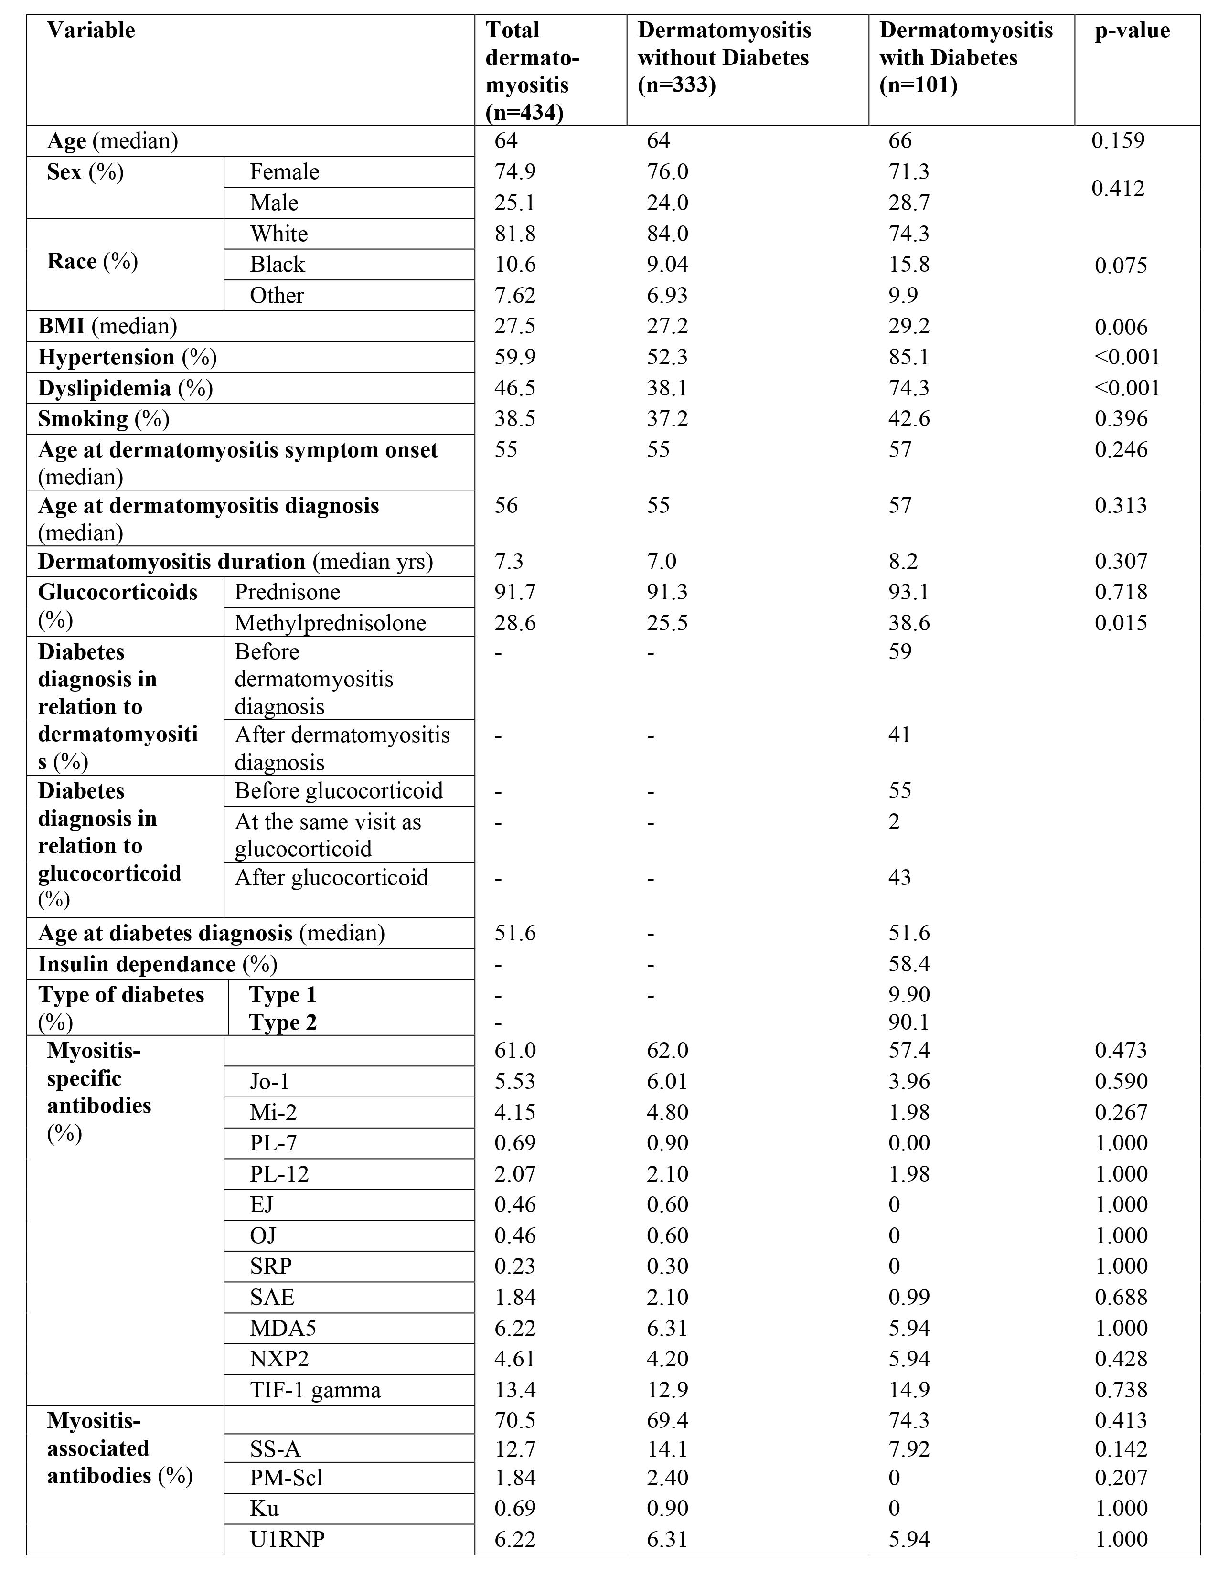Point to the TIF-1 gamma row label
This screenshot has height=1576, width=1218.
point(315,1390)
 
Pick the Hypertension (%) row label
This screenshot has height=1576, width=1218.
point(127,357)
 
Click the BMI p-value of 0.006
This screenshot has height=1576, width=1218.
point(1121,327)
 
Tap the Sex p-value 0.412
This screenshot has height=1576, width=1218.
point(1118,188)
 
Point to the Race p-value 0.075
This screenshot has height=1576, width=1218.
point(1121,266)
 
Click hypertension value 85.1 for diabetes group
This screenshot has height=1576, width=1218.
point(909,357)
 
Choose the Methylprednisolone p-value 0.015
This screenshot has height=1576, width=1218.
point(1121,623)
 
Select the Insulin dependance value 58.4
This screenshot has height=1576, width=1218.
point(909,964)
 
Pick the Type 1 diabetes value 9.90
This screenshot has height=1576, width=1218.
point(909,994)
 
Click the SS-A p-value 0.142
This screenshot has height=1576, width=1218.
point(1121,1448)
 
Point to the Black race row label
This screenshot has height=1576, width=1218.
point(277,265)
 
